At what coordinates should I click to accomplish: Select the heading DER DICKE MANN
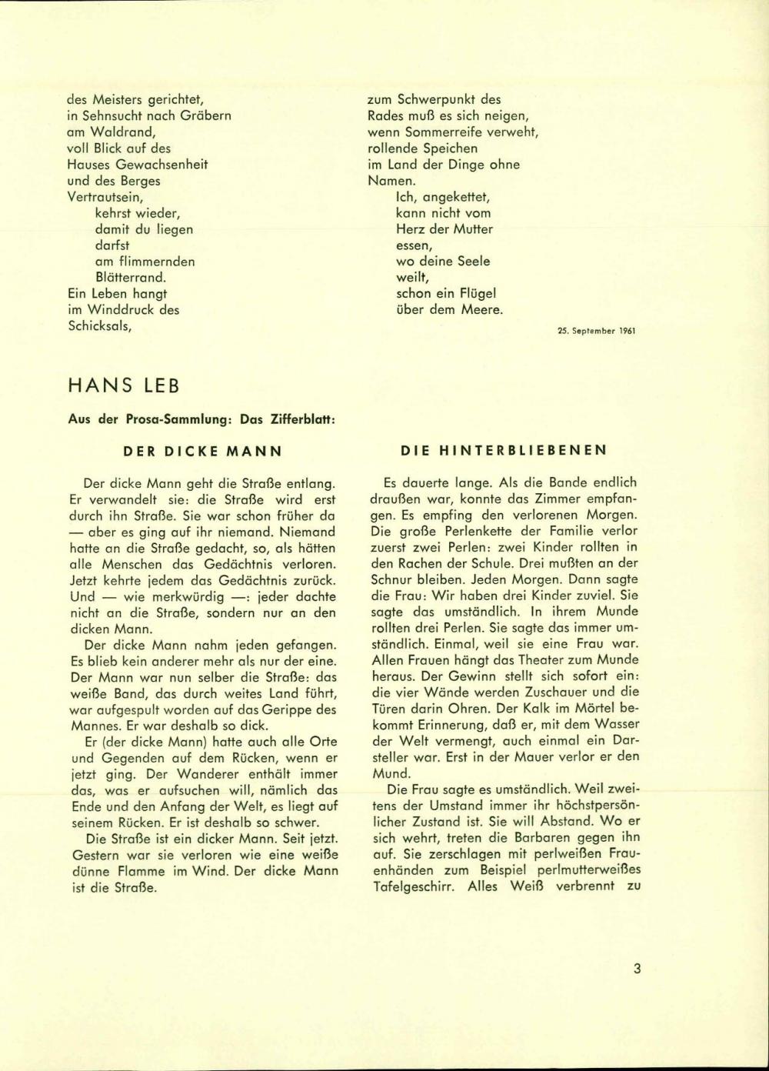pos(204,451)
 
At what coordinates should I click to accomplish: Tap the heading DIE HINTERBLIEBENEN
pos(504,451)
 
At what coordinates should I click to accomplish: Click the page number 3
pos(637,968)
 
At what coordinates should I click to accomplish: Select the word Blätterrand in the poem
pos(130,278)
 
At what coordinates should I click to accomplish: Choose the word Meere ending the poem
pos(482,310)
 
